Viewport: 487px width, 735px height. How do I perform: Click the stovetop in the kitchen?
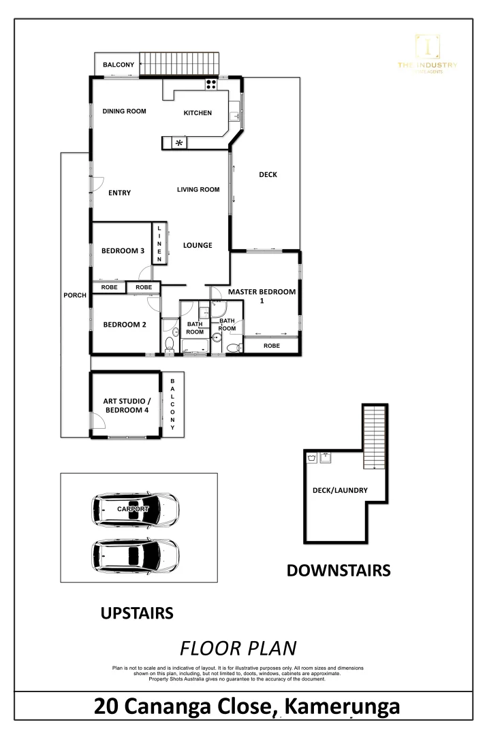point(211,85)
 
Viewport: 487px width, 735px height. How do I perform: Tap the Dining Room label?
point(125,112)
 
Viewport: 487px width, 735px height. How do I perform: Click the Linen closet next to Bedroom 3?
point(159,244)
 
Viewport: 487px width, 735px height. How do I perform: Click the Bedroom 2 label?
point(125,325)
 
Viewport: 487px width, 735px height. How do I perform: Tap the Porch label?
point(75,295)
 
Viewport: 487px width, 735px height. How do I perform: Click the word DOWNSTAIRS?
point(339,570)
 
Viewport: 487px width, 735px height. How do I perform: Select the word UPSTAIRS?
point(137,614)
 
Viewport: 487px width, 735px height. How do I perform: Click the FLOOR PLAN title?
point(238,647)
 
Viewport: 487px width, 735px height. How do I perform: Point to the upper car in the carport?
point(136,508)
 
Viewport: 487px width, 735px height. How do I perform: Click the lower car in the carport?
point(136,556)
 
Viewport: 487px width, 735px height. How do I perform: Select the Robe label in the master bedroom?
point(271,346)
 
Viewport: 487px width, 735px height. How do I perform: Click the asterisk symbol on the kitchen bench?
point(180,143)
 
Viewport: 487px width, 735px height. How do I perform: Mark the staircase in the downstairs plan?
point(374,436)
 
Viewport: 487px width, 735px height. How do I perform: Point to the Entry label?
point(119,193)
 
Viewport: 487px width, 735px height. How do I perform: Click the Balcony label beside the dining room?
point(119,65)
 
